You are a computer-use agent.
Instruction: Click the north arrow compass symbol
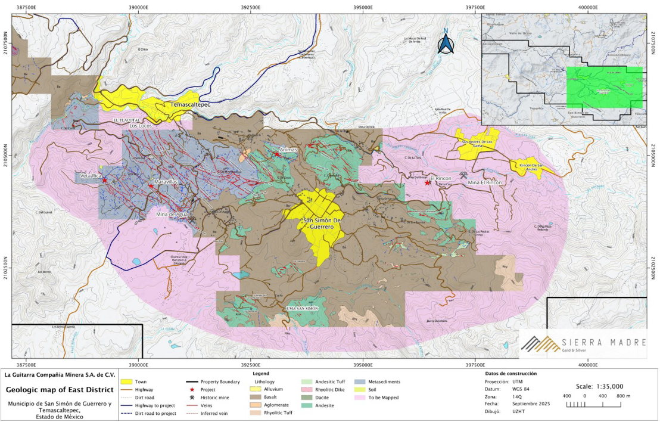click(445, 43)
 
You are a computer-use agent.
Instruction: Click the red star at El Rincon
click(428, 183)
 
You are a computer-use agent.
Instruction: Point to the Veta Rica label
click(91, 176)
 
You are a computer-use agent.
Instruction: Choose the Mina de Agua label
click(173, 214)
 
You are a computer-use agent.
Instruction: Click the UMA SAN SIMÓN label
click(302, 308)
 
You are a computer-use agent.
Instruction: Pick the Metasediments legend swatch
click(359, 381)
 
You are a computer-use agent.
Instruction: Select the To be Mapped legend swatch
click(359, 398)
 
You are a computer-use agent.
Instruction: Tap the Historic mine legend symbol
click(192, 397)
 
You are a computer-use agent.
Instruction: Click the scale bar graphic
click(583, 405)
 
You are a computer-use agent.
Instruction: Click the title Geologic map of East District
click(59, 390)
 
